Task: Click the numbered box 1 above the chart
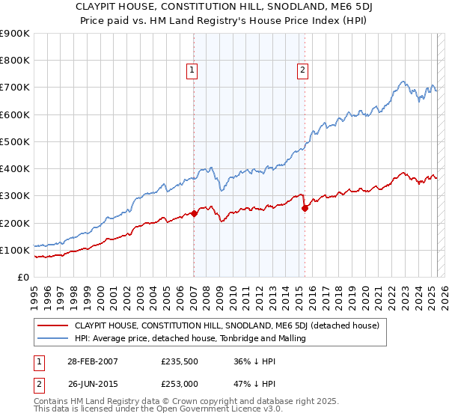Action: pos(192,71)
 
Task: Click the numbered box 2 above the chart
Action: pos(303,71)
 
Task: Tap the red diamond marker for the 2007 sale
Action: pos(194,213)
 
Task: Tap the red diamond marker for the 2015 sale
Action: pos(305,209)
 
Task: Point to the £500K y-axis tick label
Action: pos(15,141)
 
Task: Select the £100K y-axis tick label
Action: pos(15,250)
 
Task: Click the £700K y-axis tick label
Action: pos(15,88)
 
